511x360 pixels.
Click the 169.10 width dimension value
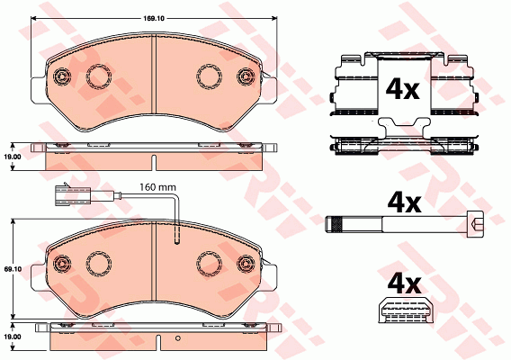[x=153, y=19]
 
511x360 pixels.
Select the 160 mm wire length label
[x=157, y=187]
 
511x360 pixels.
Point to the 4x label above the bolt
[x=404, y=202]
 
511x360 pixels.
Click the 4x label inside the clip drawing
[x=402, y=89]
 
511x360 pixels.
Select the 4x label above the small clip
[x=404, y=283]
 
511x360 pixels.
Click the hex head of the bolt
[x=475, y=223]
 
